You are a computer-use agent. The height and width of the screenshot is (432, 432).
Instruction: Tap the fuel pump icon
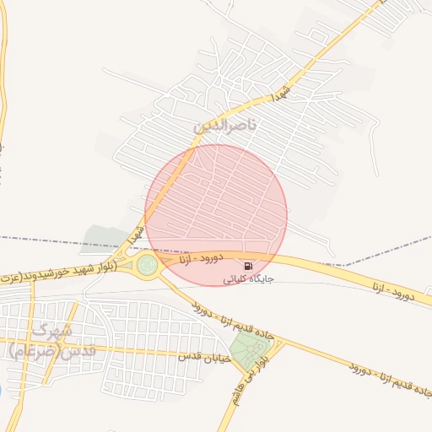246,265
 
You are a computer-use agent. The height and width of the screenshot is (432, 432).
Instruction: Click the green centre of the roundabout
148,265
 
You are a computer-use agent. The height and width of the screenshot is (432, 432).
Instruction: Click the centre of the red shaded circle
216,215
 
